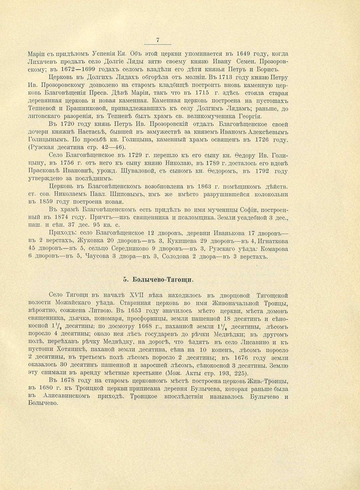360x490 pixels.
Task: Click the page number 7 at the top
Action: click(x=158, y=40)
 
